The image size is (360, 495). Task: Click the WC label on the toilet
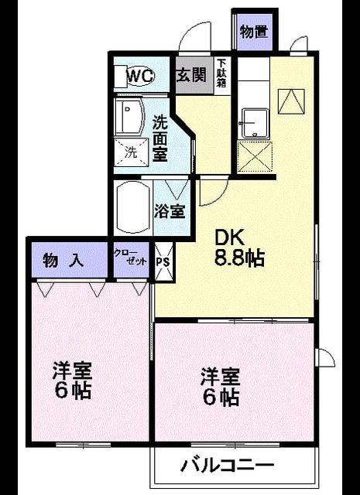click(141, 76)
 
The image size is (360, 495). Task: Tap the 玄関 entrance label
click(191, 75)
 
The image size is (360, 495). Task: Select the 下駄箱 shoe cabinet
click(221, 76)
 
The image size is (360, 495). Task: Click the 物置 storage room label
click(254, 32)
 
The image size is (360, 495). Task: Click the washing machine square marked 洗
click(131, 153)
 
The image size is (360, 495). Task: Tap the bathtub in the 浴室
click(132, 208)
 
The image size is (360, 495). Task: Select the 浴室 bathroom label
click(170, 211)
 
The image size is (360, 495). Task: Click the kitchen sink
click(255, 124)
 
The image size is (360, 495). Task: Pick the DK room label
click(229, 238)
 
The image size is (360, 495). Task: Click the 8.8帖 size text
click(239, 259)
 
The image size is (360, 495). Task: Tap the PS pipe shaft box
click(164, 261)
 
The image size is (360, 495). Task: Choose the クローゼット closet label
click(130, 258)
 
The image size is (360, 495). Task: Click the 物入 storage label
click(63, 261)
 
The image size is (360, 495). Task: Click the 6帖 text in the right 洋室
click(221, 398)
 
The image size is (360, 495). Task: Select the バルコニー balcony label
click(228, 465)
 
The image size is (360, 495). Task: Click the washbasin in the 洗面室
click(129, 117)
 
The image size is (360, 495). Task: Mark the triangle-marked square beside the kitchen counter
click(291, 101)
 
